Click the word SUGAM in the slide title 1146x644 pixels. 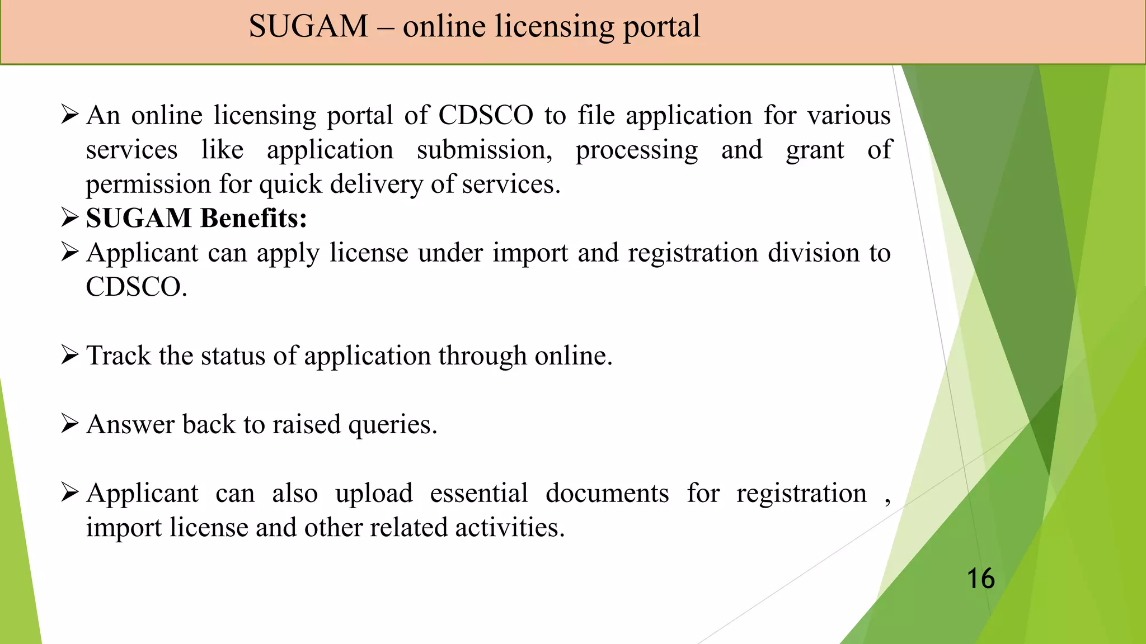coord(308,26)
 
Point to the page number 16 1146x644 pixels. coord(980,579)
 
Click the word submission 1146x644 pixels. coord(485,150)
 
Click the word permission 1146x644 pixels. coord(148,185)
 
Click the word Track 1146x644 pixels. coord(119,356)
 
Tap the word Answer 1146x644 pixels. coord(130,424)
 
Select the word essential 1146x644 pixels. coord(479,494)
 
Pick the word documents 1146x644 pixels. coord(607,494)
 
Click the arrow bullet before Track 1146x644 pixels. coord(69,355)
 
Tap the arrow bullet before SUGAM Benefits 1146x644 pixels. coord(69,217)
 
